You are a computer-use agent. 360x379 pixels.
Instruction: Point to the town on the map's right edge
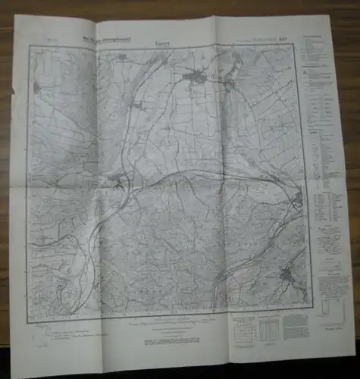(296, 201)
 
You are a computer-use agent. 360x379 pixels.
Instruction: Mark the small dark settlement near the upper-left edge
(36, 87)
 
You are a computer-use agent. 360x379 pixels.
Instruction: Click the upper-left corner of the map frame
(28, 45)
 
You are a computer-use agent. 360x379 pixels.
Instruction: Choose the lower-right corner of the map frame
(311, 309)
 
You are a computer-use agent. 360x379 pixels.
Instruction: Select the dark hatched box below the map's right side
(269, 327)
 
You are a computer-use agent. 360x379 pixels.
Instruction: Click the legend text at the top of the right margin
(318, 53)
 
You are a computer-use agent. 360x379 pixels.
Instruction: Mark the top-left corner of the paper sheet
(14, 17)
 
